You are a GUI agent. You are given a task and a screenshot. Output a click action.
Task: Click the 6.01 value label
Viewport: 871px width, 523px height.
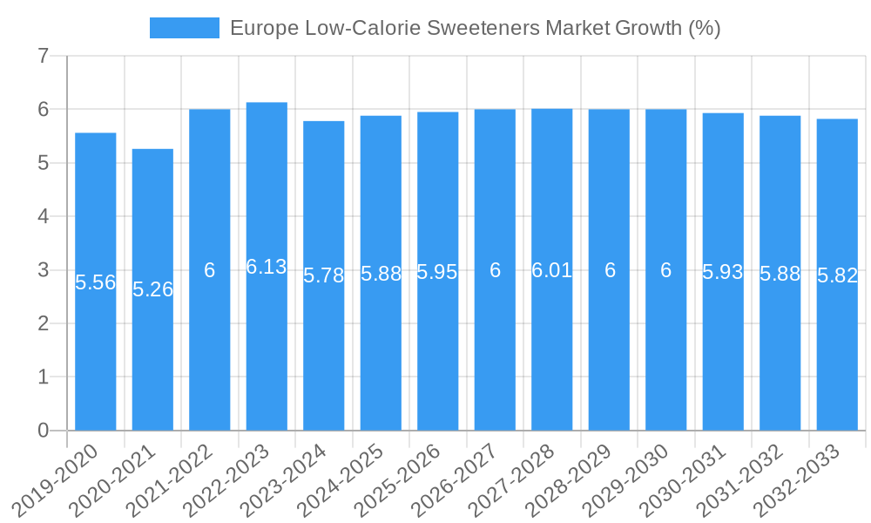tap(552, 270)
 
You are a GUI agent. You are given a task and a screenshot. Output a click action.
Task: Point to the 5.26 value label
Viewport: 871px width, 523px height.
tap(152, 289)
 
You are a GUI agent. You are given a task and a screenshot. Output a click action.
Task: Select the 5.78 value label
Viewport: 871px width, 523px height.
tap(324, 275)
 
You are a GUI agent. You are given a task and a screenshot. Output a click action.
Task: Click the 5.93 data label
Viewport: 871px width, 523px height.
tap(723, 272)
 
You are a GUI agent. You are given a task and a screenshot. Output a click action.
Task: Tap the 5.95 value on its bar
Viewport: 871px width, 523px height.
tap(437, 272)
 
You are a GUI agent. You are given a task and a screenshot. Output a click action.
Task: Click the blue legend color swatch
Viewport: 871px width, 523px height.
tap(185, 28)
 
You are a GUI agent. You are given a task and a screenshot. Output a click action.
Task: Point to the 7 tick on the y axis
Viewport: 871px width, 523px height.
tap(43, 57)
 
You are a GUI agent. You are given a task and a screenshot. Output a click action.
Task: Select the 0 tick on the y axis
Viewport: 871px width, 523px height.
tap(43, 431)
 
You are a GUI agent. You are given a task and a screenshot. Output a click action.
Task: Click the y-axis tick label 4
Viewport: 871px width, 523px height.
tap(43, 216)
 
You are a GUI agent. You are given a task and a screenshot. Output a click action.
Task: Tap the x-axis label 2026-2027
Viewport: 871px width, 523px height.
tap(463, 479)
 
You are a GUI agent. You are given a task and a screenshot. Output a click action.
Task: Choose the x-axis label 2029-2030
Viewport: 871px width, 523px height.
tap(633, 479)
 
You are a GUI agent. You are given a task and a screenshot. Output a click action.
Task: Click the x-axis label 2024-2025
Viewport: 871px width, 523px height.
tap(348, 479)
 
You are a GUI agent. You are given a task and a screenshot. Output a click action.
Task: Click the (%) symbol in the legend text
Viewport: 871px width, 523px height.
tap(704, 28)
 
